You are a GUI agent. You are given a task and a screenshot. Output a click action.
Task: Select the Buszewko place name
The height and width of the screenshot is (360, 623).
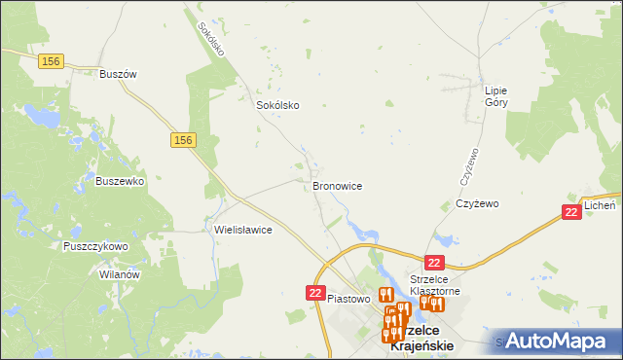pos(120,181)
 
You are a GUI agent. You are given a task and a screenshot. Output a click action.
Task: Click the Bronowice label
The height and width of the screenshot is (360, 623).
pos(338,185)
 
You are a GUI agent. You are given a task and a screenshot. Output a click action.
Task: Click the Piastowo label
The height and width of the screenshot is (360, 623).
pos(350,299)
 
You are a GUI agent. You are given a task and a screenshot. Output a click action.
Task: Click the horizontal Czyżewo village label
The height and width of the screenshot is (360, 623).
pos(477,204)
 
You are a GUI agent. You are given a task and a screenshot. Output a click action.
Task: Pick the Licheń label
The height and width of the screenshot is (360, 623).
pos(600,206)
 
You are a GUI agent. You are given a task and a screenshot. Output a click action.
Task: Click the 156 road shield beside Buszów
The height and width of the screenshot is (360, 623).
pos(53,61)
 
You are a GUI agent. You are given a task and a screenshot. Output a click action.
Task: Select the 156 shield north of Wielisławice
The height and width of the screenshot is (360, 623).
pos(183,141)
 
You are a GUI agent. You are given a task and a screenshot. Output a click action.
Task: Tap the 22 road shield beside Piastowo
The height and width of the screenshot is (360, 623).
pos(315,292)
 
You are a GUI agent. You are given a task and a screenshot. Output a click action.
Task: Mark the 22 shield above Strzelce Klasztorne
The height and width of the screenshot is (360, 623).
pos(435,263)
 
